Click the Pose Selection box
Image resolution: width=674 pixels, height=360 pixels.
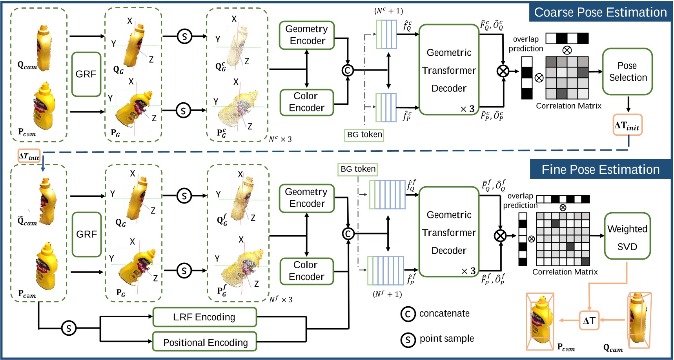coord(627,71)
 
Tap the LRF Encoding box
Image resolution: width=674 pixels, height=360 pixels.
coord(204,317)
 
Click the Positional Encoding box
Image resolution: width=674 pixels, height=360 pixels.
coord(204,342)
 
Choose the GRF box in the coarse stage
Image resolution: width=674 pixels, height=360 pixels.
coord(86,74)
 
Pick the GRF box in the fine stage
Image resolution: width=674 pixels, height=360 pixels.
coord(87,234)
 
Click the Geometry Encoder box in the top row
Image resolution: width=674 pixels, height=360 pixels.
coord(306,35)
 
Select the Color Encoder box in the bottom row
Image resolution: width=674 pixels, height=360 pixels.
coord(306,271)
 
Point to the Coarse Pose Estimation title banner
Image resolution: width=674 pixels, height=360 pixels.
coord(600,12)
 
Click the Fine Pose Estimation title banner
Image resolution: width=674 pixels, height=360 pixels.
coord(600,169)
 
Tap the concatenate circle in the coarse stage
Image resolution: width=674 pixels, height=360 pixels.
coord(347,70)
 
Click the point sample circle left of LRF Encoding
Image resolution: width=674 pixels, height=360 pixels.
coord(69,328)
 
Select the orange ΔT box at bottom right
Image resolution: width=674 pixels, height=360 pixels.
coord(589,320)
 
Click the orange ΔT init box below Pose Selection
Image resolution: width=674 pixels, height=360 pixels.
coord(627,125)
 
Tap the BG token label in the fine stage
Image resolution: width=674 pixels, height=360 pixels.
coord(358,169)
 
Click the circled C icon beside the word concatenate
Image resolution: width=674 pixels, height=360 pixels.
coord(408,314)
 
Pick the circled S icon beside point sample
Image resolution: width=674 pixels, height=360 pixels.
coord(408,340)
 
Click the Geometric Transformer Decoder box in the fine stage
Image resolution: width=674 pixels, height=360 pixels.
coord(449,232)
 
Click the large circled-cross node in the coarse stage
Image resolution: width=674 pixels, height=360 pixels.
coord(503,71)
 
